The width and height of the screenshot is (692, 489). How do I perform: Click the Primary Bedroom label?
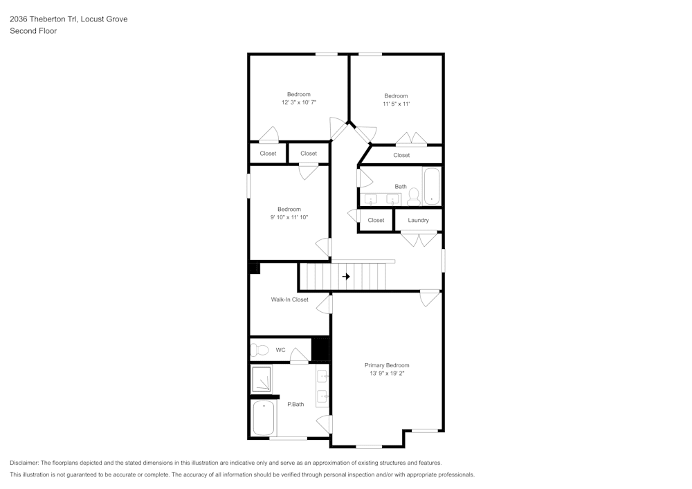pyautogui.click(x=387, y=365)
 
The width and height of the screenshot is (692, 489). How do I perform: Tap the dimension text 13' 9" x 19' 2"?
pyautogui.click(x=387, y=373)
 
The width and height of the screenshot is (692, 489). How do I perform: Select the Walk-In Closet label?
pyautogui.click(x=289, y=299)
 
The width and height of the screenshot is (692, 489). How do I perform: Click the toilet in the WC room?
pyautogui.click(x=259, y=349)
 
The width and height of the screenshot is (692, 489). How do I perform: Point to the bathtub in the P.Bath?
pyautogui.click(x=263, y=418)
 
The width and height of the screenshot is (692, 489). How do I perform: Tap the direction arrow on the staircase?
pyautogui.click(x=346, y=277)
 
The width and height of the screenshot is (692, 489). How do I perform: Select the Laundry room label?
pyautogui.click(x=418, y=220)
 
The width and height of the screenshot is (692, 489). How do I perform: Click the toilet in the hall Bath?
pyautogui.click(x=414, y=197)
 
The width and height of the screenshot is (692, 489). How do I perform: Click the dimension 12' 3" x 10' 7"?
pyautogui.click(x=299, y=102)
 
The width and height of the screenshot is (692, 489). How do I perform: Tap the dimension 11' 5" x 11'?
pyautogui.click(x=396, y=104)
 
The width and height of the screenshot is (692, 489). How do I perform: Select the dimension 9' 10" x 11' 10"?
pyautogui.click(x=289, y=217)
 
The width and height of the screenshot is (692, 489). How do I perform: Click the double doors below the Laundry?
pyautogui.click(x=419, y=239)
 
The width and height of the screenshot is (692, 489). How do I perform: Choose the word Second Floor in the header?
pyautogui.click(x=33, y=31)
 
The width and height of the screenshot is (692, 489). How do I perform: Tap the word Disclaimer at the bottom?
pyautogui.click(x=24, y=463)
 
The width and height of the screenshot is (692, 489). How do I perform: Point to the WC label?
pyautogui.click(x=280, y=350)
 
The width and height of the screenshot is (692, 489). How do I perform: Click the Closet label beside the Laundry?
pyautogui.click(x=376, y=220)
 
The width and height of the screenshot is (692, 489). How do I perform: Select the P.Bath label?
pyautogui.click(x=295, y=404)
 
